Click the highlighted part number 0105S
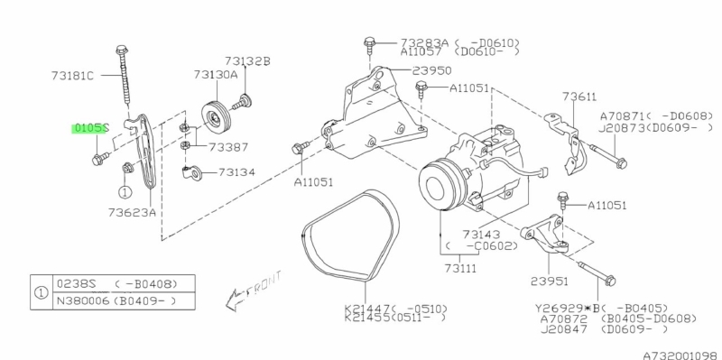[89, 128]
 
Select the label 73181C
[72, 75]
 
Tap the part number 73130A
[216, 74]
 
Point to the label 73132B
[247, 60]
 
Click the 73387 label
[228, 147]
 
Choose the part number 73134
[236, 172]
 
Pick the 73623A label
[132, 212]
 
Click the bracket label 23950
[431, 70]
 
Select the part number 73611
[579, 97]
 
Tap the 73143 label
[481, 235]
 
